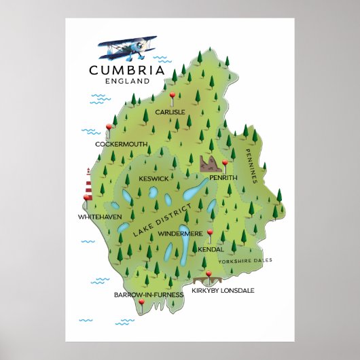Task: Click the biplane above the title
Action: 128,48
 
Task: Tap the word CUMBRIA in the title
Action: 126,69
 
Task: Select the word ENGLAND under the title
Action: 127,81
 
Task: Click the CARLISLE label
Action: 170,112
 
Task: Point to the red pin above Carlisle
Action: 173,94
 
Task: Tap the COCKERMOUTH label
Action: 121,144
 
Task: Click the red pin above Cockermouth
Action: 109,126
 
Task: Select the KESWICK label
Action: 154,178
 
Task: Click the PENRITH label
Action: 223,177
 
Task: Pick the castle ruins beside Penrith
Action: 210,163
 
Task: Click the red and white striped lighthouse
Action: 88,182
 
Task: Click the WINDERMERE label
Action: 180,233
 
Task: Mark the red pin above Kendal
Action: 211,233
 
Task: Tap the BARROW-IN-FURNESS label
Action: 149,295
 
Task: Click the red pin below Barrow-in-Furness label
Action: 141,302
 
